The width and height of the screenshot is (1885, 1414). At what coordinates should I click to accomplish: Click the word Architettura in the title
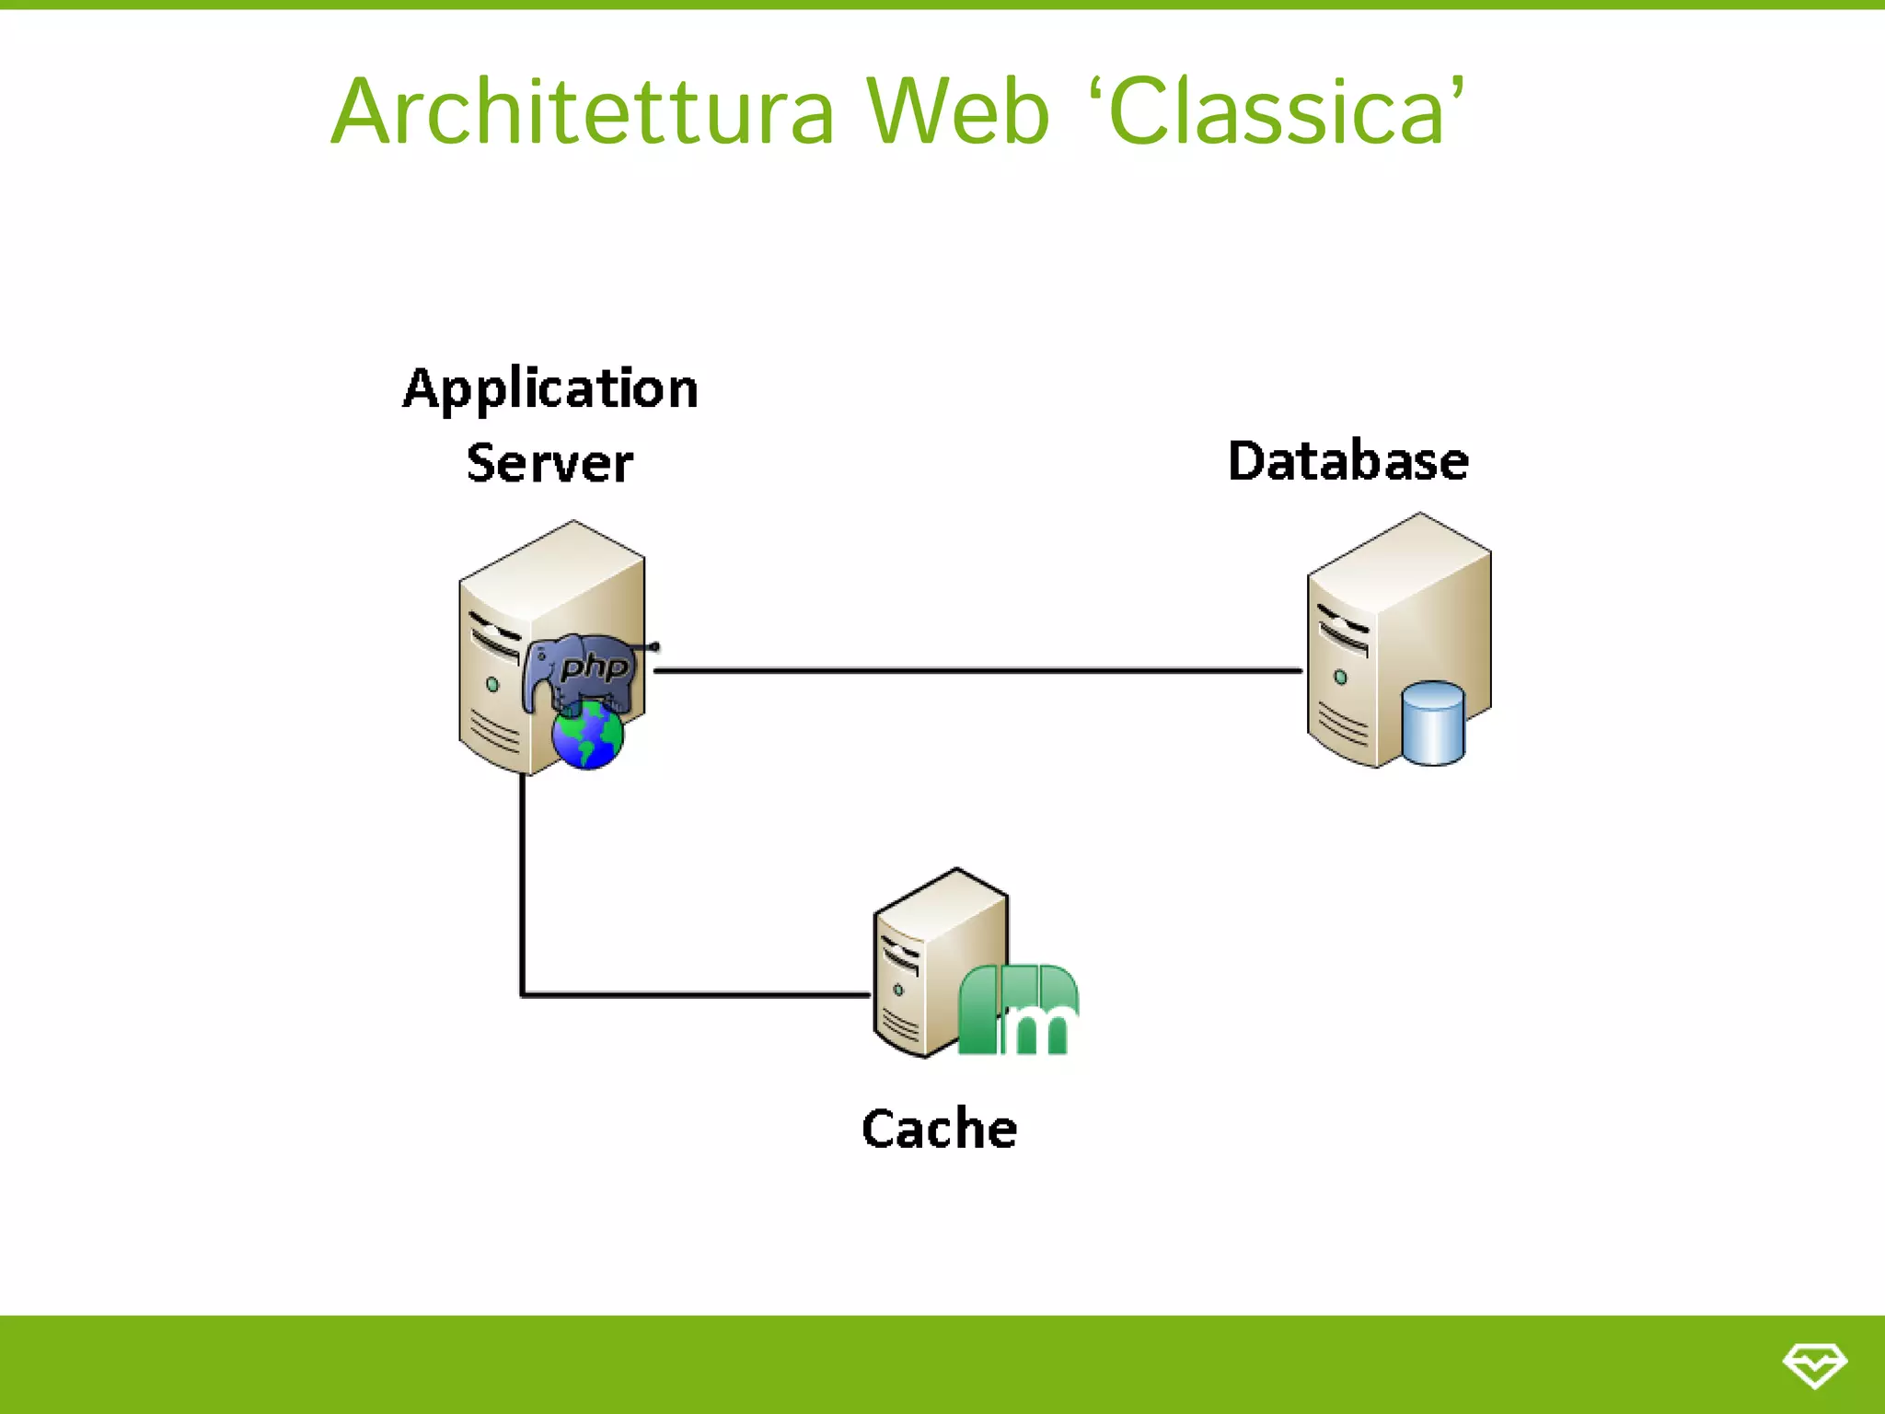click(x=582, y=112)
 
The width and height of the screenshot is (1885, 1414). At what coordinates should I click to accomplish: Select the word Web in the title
click(x=957, y=112)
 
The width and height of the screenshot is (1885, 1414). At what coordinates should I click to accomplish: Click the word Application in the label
click(x=550, y=388)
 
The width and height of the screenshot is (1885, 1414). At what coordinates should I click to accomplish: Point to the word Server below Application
click(x=549, y=462)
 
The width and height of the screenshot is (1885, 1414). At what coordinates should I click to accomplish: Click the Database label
click(x=1347, y=461)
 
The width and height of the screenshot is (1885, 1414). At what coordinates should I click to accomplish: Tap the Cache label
click(x=939, y=1129)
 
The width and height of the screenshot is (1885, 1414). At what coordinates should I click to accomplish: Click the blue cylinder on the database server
click(x=1433, y=724)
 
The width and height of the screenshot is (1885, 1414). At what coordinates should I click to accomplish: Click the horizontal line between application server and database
click(x=976, y=670)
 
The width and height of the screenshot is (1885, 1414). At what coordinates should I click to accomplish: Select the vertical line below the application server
click(x=522, y=884)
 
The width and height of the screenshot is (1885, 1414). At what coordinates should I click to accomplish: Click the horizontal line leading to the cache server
click(x=695, y=994)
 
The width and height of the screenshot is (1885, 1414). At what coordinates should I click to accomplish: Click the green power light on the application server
click(x=492, y=685)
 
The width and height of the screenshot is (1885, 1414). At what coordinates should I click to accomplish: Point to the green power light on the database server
click(x=1340, y=678)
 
